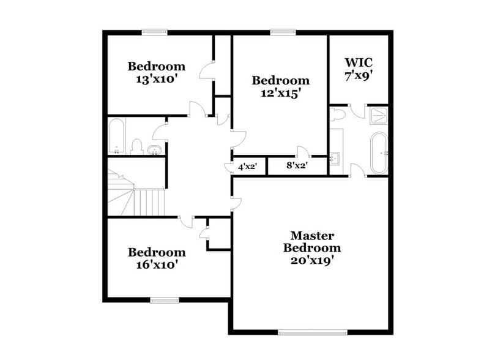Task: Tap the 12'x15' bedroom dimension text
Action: [x=281, y=94]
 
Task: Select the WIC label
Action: [x=359, y=62]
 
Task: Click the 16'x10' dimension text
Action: [x=156, y=265]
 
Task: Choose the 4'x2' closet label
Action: [x=247, y=166]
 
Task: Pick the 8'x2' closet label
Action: [x=297, y=165]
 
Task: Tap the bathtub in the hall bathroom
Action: [x=117, y=137]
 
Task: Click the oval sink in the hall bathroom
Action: [x=155, y=149]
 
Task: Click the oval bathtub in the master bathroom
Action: [x=378, y=152]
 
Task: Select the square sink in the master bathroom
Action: [x=335, y=158]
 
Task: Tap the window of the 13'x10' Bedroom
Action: [x=155, y=32]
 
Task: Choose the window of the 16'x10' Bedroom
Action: [x=165, y=299]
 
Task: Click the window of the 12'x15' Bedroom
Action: [x=281, y=32]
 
